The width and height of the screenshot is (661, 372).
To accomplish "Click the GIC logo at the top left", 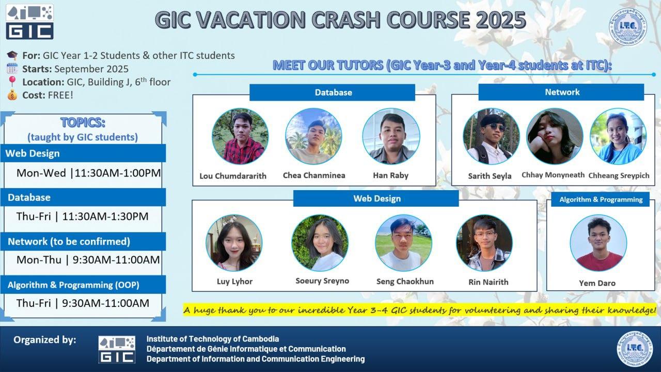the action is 29,22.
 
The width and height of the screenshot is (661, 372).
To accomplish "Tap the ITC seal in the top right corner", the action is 627,26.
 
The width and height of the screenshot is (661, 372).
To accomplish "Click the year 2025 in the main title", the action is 501,20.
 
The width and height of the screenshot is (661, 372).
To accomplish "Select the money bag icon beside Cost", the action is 12,95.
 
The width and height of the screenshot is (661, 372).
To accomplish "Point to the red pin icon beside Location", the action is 12,82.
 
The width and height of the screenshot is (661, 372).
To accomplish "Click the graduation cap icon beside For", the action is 12,55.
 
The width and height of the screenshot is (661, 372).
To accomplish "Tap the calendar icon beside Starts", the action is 12,69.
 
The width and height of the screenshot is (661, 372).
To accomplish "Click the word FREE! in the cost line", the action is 60,95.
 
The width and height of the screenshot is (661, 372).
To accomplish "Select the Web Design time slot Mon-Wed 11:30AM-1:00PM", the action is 88,173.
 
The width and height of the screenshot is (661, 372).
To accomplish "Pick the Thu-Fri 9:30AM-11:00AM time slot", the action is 83,303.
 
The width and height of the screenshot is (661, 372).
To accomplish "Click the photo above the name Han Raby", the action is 391,136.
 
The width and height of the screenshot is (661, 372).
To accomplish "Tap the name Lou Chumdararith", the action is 233,176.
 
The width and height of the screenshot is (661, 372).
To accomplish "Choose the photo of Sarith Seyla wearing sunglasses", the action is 491,136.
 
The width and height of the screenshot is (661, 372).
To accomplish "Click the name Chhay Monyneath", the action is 553,175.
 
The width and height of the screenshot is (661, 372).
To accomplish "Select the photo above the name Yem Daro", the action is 598,243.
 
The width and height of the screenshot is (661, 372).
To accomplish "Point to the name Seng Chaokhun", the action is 405,282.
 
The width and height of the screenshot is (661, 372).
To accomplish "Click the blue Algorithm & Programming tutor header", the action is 601,199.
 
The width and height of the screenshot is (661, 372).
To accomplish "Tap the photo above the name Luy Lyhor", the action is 234,243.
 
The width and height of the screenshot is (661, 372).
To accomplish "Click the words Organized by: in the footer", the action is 45,340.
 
